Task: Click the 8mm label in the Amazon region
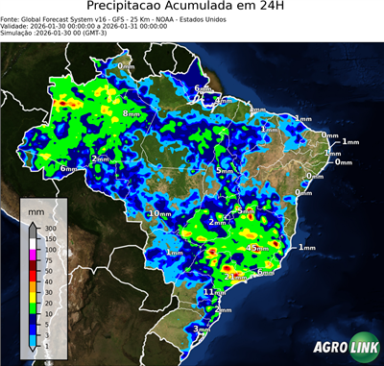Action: tap(132, 113)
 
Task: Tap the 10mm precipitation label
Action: tap(159, 212)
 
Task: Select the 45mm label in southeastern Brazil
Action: tap(257, 248)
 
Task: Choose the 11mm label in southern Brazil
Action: tap(214, 291)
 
